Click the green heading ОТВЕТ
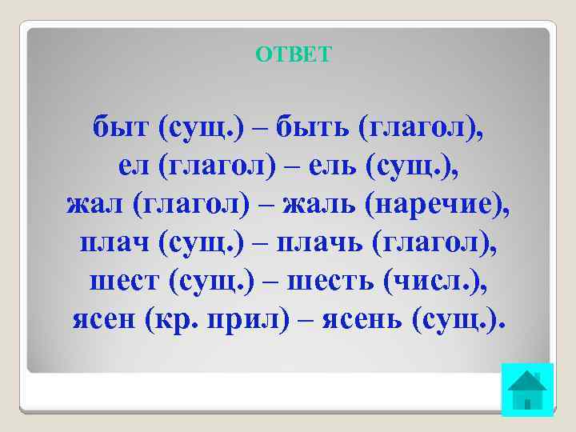pyautogui.click(x=293, y=54)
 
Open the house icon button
pyautogui.click(x=527, y=390)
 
